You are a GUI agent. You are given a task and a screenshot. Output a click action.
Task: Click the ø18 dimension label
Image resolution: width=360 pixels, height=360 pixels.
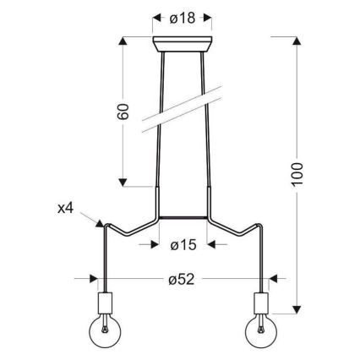pyautogui.click(x=181, y=19)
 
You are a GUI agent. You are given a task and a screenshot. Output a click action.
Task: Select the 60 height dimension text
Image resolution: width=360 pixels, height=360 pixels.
pyautogui.click(x=124, y=112)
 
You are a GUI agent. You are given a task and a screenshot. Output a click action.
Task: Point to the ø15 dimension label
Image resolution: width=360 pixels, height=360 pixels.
pyautogui.click(x=183, y=245)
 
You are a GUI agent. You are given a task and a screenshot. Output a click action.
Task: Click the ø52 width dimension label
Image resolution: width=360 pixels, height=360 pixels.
pyautogui.click(x=182, y=278)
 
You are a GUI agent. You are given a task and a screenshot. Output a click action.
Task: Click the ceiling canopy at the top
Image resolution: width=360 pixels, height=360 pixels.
pyautogui.click(x=182, y=44)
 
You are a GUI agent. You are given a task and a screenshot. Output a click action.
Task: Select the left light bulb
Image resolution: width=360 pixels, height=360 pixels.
pyautogui.click(x=103, y=332)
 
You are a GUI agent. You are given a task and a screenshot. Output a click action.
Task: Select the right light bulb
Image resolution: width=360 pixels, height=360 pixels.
pyautogui.click(x=261, y=332)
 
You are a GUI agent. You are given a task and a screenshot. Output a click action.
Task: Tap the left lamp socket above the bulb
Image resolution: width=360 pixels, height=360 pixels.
pyautogui.click(x=103, y=302)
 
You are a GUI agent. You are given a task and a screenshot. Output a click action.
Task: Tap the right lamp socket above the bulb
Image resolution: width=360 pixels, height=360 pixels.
pyautogui.click(x=261, y=302)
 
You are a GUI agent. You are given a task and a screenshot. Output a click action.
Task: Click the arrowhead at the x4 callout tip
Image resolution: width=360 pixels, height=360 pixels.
pyautogui.click(x=100, y=222)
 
